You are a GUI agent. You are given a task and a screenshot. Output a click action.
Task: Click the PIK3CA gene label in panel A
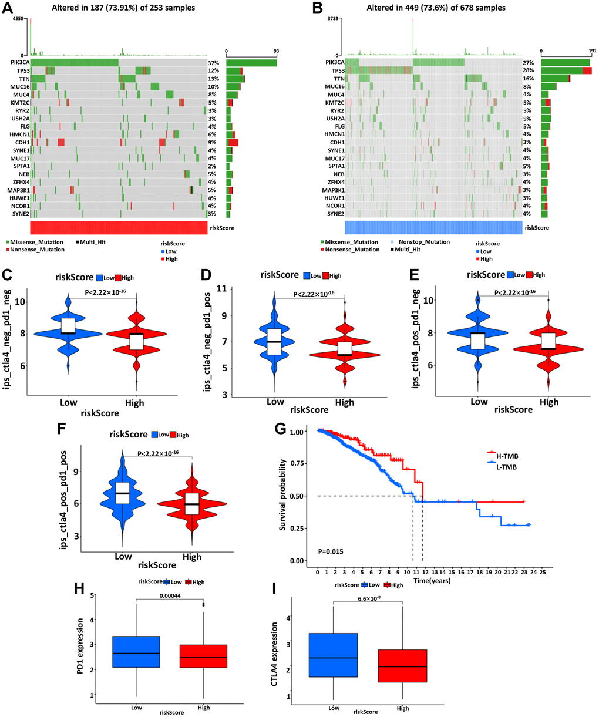coord(18,62)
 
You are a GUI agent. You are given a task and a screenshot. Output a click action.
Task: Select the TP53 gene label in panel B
coord(335,70)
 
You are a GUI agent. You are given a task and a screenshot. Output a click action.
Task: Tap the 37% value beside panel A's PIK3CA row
coord(213,62)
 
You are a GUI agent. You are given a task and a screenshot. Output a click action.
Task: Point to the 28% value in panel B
coord(529,70)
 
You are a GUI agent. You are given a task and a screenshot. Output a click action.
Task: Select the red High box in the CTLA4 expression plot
coord(402,665)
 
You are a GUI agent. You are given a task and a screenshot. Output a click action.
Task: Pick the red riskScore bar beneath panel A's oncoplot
coord(118,228)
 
